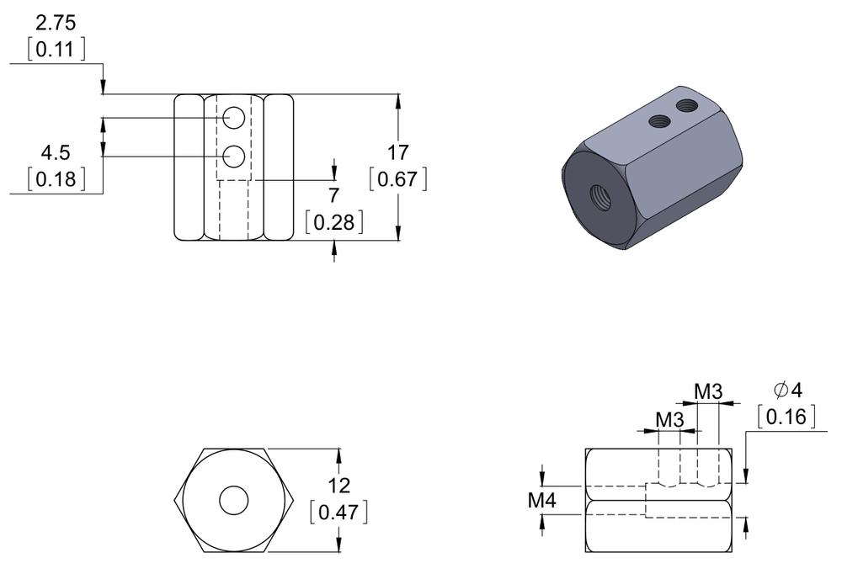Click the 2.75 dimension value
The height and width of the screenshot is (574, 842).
coord(56,24)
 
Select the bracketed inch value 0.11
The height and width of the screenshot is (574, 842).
coord(56,50)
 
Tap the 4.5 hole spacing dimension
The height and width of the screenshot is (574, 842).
coord(56,153)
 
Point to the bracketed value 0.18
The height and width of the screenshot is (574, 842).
coord(56,179)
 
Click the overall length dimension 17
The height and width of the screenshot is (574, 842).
coord(397,153)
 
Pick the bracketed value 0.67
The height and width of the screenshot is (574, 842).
coord(397,179)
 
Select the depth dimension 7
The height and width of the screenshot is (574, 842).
coord(334,196)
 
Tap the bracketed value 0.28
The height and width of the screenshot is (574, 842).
coord(334,222)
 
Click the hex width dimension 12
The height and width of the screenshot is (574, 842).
coord(338,486)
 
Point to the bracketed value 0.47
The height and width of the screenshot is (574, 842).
coord(338,512)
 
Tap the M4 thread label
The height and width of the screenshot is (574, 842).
coord(542,501)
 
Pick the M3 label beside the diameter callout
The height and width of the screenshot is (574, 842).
coord(708,391)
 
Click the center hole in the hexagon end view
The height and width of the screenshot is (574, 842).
coord(234,501)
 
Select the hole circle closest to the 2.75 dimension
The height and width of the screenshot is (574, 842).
coord(234,118)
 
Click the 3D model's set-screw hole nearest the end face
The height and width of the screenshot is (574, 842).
coord(659,121)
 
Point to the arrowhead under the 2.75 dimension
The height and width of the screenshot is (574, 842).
coord(103,88)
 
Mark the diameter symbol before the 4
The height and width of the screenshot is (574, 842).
coord(780,390)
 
